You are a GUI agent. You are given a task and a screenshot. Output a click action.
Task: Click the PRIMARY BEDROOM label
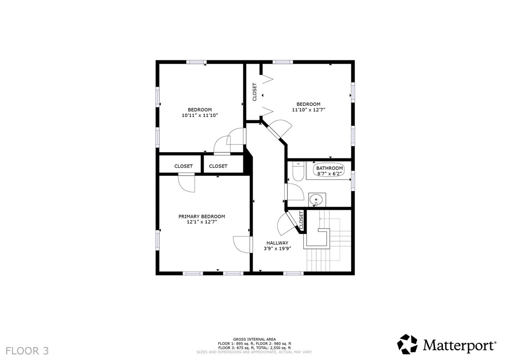[201, 216]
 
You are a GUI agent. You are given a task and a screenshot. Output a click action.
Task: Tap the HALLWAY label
[277, 243]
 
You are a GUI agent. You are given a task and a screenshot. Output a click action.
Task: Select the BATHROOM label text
[329, 168]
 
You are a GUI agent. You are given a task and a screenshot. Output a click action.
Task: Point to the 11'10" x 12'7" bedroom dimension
[308, 110]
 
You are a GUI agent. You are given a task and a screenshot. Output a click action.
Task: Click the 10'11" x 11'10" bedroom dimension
[200, 115]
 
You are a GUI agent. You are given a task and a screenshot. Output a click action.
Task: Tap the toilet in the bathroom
[297, 173]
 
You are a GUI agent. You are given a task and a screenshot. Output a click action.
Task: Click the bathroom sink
[316, 199]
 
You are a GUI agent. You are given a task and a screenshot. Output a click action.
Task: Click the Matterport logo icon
[407, 344]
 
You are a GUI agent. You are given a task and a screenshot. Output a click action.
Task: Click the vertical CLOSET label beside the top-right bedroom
[254, 92]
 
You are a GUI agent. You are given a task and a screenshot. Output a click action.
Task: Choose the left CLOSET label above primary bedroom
[184, 166]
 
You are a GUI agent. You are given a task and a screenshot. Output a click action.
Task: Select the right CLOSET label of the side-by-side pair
[218, 166]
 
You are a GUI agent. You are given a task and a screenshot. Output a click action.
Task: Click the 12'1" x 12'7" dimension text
[201, 222]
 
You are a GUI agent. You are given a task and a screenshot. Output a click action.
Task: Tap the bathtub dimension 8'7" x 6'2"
[329, 173]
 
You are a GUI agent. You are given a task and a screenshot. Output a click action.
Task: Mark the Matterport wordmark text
[459, 346]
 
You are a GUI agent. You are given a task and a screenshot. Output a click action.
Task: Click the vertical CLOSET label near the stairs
[301, 220]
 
